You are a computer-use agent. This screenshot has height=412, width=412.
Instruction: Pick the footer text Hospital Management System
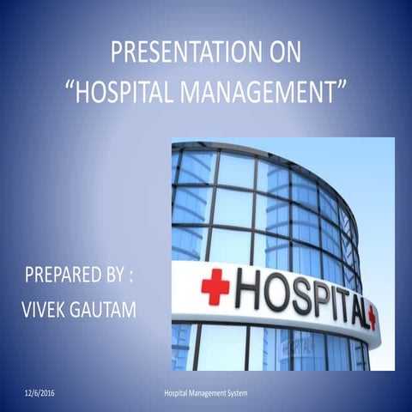pyautogui.click(x=205, y=392)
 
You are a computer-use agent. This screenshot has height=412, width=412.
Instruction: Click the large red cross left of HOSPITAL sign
pyautogui.click(x=215, y=287)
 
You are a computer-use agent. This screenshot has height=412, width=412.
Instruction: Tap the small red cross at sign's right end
pyautogui.click(x=372, y=317)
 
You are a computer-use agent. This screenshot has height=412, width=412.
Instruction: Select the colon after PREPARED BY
pyautogui.click(x=132, y=278)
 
